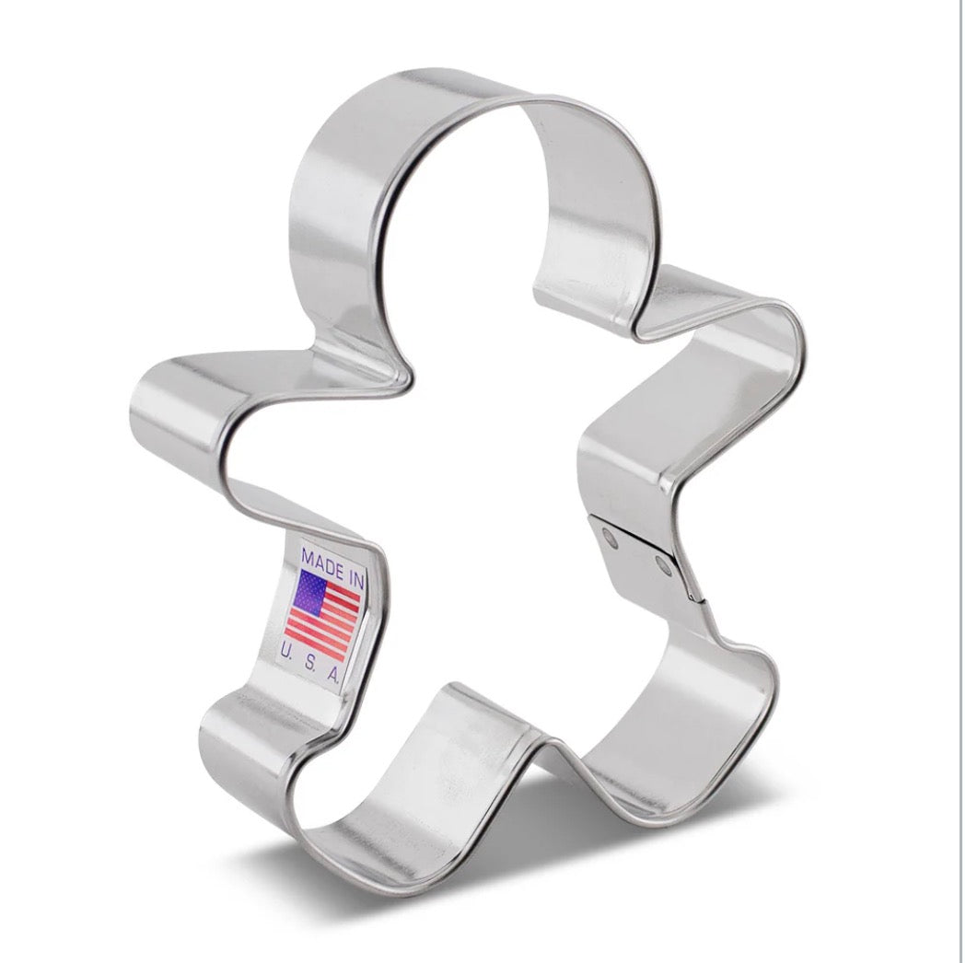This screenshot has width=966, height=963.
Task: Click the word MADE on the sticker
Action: pyautogui.click(x=318, y=561)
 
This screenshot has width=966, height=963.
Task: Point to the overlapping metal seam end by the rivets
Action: pyautogui.click(x=692, y=589)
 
